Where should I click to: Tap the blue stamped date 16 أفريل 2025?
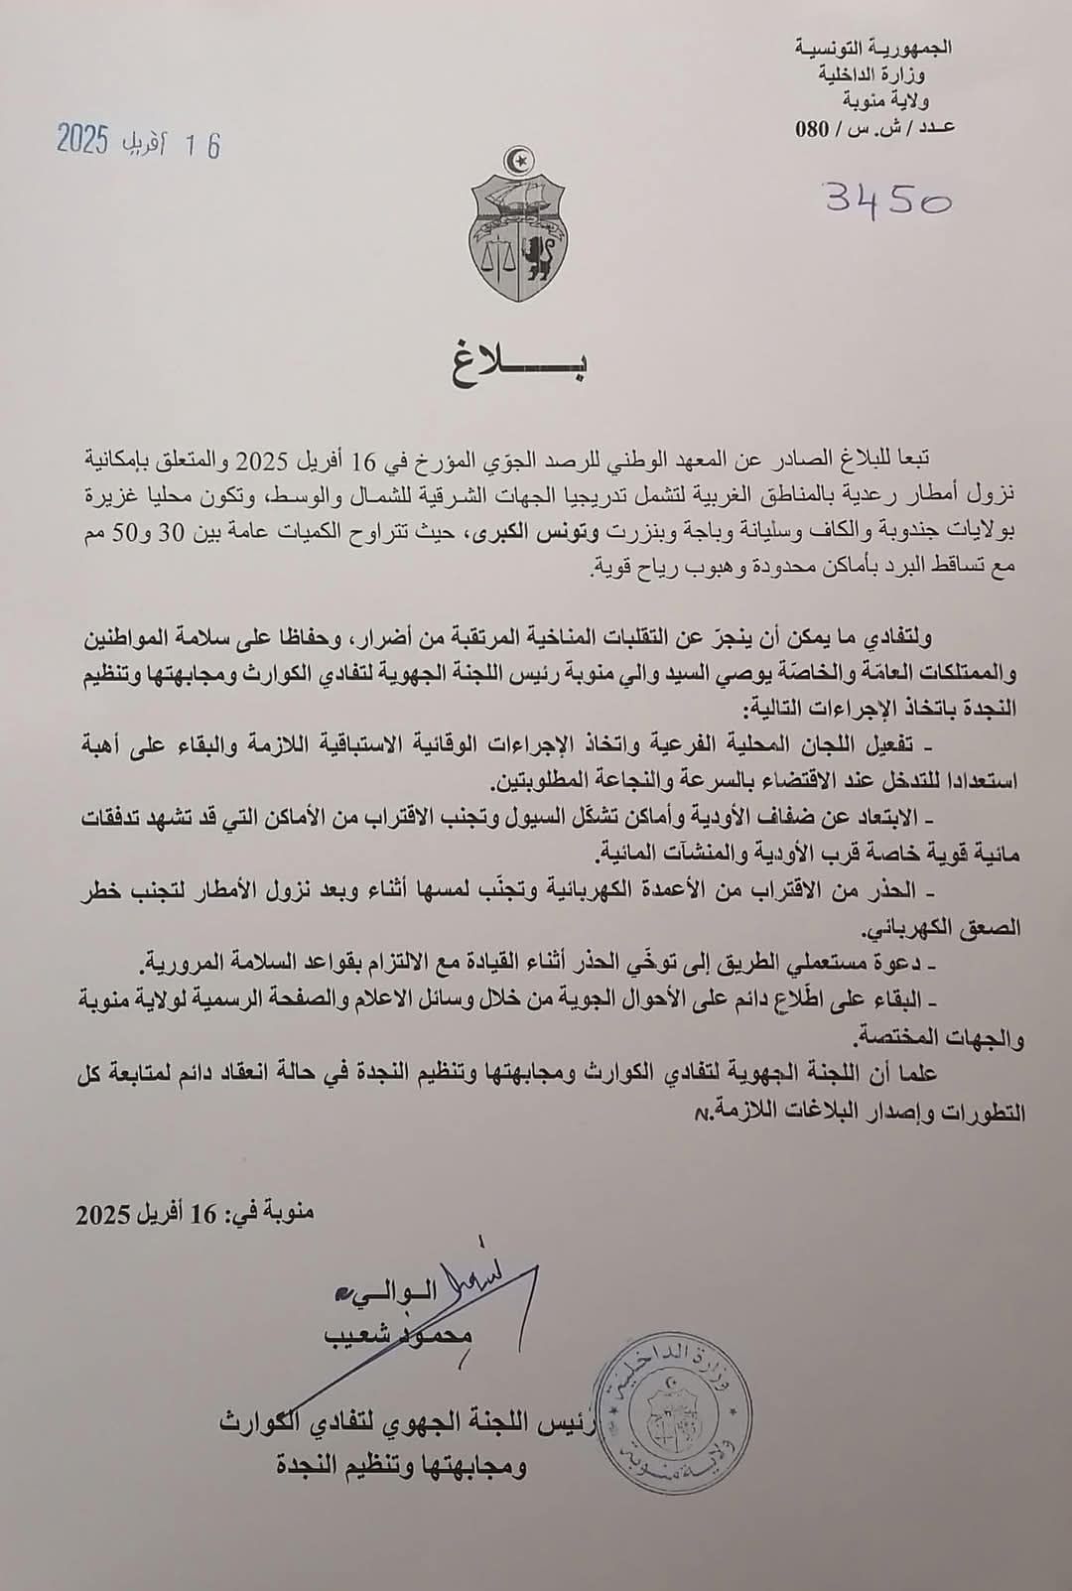tap(138, 143)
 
